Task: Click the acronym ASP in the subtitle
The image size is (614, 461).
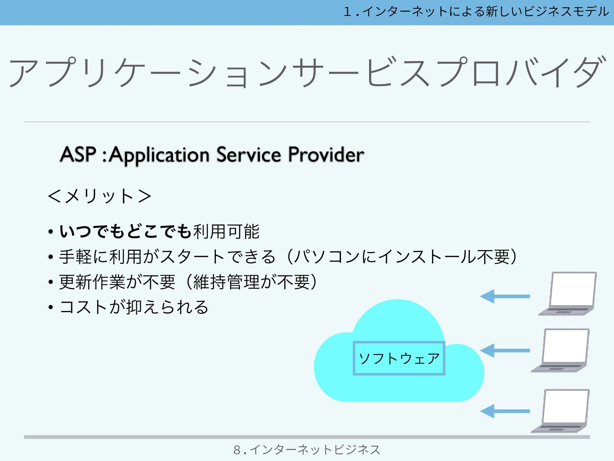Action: (x=78, y=154)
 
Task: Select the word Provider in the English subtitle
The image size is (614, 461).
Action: (x=326, y=154)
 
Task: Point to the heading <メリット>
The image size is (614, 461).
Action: (x=99, y=196)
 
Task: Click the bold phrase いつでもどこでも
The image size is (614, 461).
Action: (x=126, y=231)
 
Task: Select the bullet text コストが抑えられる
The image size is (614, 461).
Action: (x=134, y=307)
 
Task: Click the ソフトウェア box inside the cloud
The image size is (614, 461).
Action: (x=399, y=358)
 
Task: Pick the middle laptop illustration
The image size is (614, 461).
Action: (x=561, y=350)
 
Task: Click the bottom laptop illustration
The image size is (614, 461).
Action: (x=561, y=411)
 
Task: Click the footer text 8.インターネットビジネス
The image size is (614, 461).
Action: (x=307, y=450)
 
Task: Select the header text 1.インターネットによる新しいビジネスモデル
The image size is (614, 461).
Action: (x=476, y=12)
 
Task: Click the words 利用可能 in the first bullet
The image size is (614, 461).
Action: (x=226, y=231)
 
